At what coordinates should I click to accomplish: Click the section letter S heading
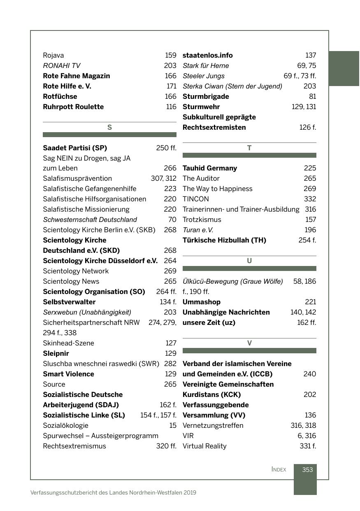coord(109,128)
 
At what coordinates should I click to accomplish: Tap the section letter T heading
coord(249,148)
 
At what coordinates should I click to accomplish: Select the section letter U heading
coord(249,261)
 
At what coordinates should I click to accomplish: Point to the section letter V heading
coord(249,343)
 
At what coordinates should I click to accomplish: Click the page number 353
coord(307,470)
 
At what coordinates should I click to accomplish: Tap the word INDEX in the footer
coord(279,470)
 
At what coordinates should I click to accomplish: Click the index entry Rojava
coord(53,55)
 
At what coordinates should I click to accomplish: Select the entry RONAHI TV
coord(62,65)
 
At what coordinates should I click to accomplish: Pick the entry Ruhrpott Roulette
coord(73,107)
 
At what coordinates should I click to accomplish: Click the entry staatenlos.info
coord(207,55)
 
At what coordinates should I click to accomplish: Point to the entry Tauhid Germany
coord(210,168)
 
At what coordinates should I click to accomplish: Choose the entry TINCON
coord(196,199)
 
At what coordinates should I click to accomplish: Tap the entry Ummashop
coord(202,302)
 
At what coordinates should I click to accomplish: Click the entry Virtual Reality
coord(204,446)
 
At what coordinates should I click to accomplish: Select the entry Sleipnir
coord(56,353)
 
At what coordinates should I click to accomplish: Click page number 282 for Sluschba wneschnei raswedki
coord(170,364)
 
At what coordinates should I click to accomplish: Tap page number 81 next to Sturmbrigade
coord(312,96)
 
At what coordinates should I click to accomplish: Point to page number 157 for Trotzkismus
coord(310,219)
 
